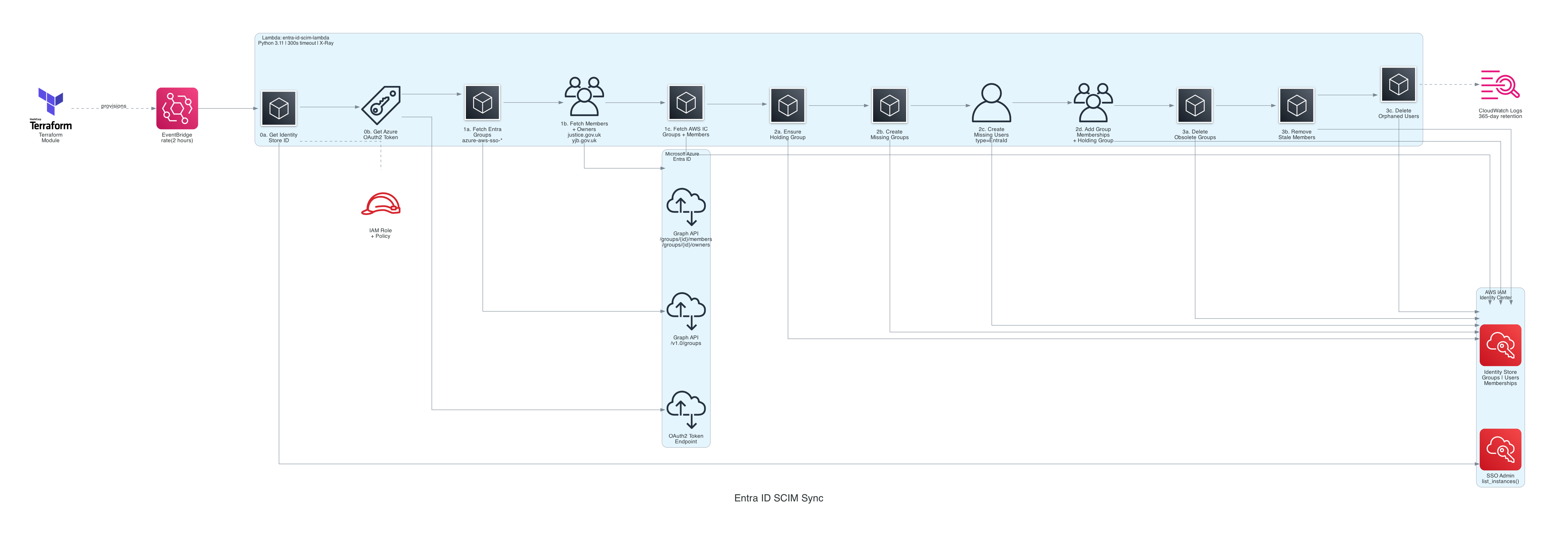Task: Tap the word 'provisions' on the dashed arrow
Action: click(114, 106)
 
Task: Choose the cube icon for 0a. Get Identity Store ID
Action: click(279, 108)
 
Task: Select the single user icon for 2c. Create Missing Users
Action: click(991, 103)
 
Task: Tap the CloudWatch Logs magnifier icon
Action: click(1500, 85)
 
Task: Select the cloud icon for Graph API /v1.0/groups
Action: click(686, 311)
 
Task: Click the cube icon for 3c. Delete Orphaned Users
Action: click(1398, 85)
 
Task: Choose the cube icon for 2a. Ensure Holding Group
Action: click(787, 105)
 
